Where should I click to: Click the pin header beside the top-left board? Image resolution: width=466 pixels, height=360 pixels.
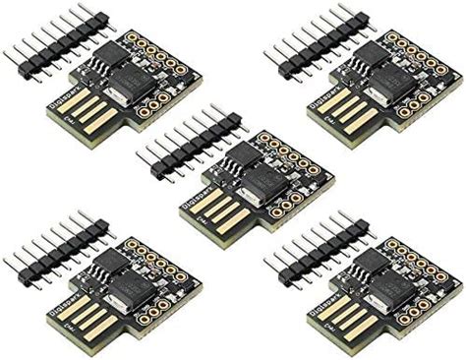pyautogui.click(x=50, y=41)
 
